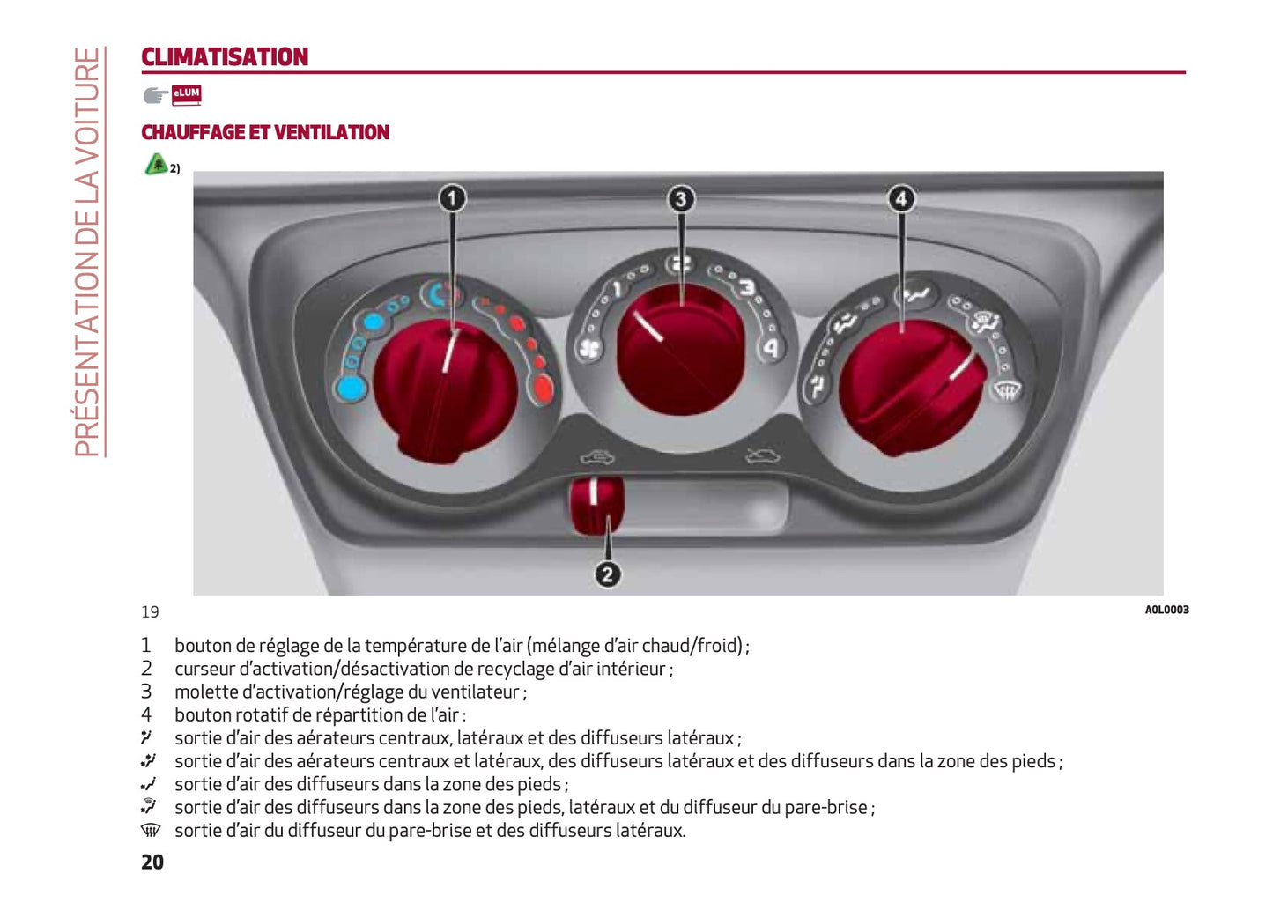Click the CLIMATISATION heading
(x=225, y=57)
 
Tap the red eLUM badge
(x=187, y=95)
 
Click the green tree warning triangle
(x=156, y=164)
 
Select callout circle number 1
(x=452, y=199)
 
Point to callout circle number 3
(x=681, y=199)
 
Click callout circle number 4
(x=901, y=199)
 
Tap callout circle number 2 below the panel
(x=608, y=574)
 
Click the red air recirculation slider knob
(x=596, y=505)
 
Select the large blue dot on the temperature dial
(x=351, y=389)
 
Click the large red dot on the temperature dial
(x=544, y=389)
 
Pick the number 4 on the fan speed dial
(x=771, y=348)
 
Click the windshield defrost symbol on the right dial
(x=1006, y=390)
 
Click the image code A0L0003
(x=1166, y=610)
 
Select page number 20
(x=152, y=862)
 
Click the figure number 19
(x=150, y=612)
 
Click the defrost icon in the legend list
(x=151, y=830)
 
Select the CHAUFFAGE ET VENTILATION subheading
(x=265, y=132)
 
